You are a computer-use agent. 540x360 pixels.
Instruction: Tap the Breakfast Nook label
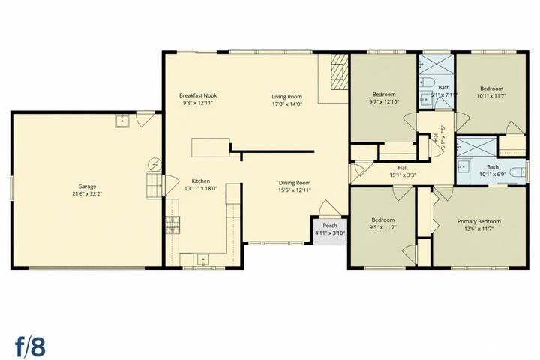point(197,95)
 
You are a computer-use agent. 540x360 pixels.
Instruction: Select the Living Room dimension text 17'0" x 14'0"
point(286,104)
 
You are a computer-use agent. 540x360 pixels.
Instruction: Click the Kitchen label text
point(200,181)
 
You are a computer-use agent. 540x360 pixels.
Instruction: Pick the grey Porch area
point(329,229)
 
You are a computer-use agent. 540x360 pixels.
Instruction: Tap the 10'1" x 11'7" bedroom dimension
point(491,96)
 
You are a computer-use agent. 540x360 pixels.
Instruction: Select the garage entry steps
point(154,183)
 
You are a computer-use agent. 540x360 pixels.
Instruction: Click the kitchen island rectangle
point(210,148)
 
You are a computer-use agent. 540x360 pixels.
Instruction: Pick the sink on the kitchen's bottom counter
point(202,259)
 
